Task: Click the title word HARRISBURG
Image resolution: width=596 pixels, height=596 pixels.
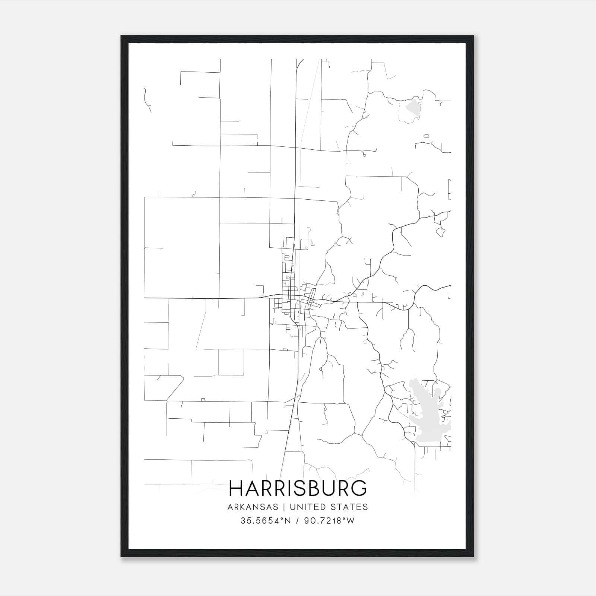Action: (298, 488)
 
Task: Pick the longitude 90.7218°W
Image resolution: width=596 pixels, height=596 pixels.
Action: (330, 521)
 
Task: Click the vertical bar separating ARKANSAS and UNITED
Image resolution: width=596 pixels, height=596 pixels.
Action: (284, 507)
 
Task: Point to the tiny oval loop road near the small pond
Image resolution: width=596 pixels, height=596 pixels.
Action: (427, 136)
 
